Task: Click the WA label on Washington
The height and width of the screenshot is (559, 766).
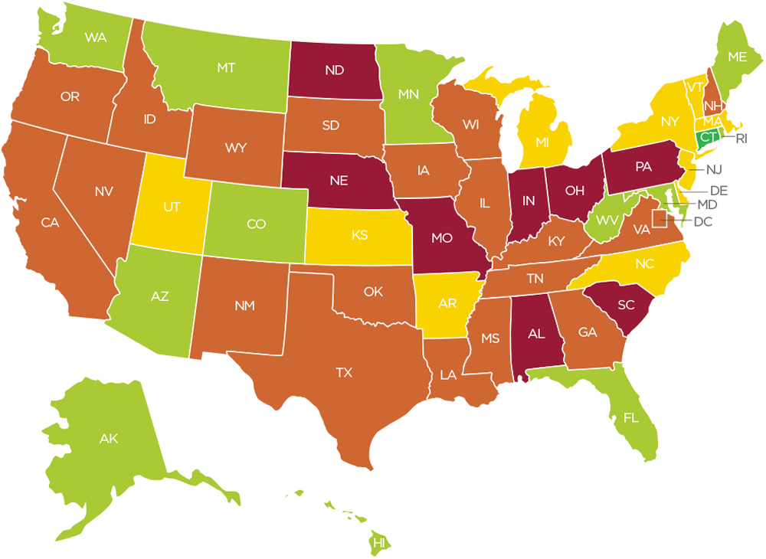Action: point(96,37)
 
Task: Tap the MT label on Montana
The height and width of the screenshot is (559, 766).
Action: point(225,68)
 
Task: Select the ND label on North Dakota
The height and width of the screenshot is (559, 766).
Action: point(334,70)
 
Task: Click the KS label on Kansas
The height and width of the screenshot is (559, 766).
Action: point(359,234)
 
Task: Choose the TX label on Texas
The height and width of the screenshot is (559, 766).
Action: point(344,373)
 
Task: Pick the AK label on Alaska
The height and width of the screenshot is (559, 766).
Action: point(108,439)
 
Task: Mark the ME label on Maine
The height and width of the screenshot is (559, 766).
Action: point(737,57)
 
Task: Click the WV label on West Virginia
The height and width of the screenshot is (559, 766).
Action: point(607,220)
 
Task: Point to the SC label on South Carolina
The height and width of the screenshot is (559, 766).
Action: point(626,304)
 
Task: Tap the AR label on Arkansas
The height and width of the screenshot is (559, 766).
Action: point(447,304)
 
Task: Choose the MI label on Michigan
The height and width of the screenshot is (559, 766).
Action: point(542,143)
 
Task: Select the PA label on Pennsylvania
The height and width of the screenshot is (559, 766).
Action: point(643,165)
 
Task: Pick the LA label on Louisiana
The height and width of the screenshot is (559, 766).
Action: point(448,375)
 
